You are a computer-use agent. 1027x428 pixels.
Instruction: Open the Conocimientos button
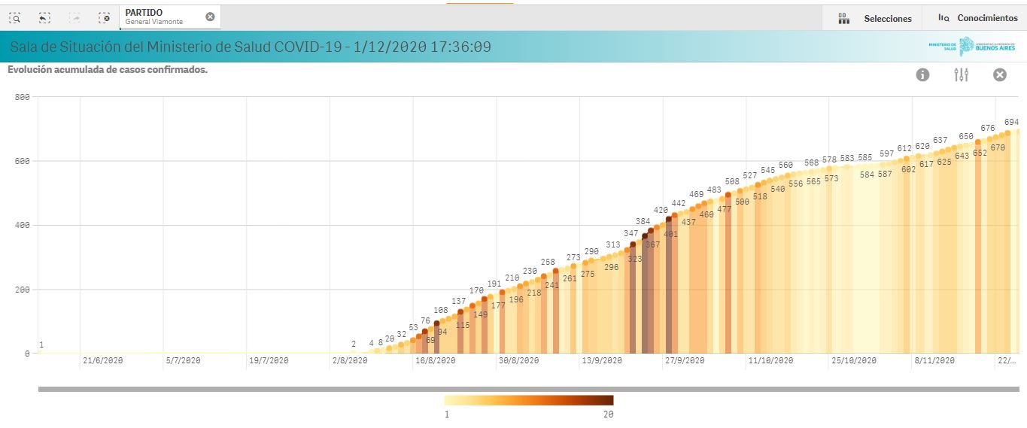point(977,18)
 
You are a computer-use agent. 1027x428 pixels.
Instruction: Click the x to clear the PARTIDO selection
point(210,17)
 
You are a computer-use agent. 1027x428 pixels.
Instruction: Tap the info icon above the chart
point(922,74)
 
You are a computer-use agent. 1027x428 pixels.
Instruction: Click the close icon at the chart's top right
point(1000,74)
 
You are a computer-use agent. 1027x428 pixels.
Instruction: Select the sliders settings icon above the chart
point(962,74)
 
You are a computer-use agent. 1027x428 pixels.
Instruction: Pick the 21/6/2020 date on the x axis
point(102,361)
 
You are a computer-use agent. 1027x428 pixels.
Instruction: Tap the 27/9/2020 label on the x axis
point(685,361)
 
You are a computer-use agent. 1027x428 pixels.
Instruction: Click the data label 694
point(1011,122)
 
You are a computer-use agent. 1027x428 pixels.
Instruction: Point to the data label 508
point(732,181)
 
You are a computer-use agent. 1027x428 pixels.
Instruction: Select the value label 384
point(643,222)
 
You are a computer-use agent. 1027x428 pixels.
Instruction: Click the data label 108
point(441,310)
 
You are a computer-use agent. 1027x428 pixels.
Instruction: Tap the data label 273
point(573,258)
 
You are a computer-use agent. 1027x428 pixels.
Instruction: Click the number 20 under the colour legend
point(608,414)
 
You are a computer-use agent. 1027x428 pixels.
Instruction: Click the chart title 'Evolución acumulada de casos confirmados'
point(108,70)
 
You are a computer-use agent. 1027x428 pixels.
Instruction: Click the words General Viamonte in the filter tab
point(153,22)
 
